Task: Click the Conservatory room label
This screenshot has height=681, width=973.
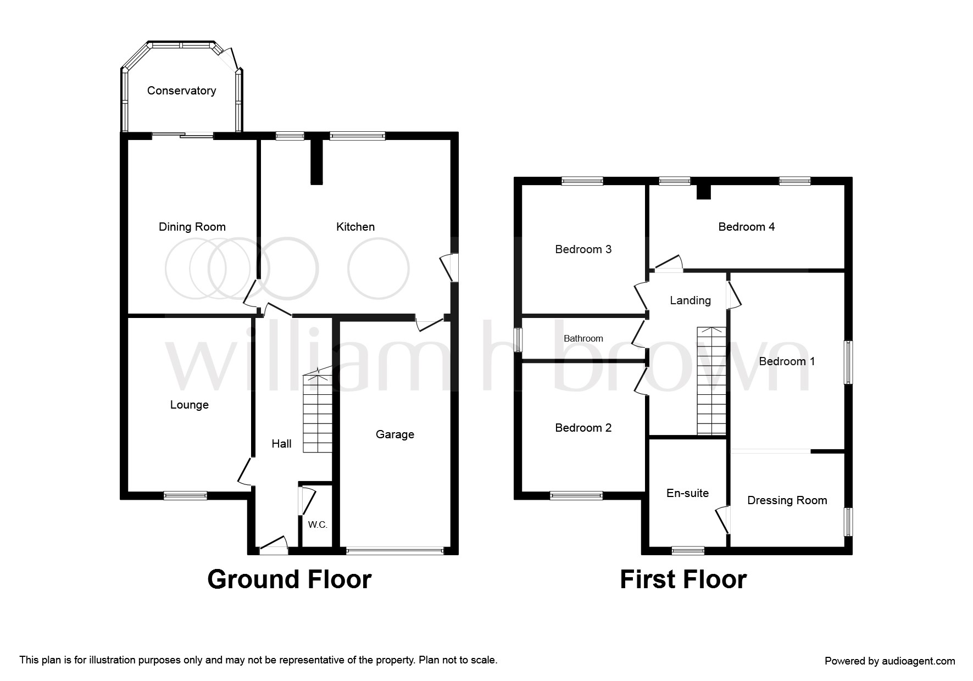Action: pos(181,91)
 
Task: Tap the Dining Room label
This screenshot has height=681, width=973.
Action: pos(192,227)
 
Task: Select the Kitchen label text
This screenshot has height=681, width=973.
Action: pos(355,227)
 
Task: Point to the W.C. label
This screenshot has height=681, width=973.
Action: pos(318,524)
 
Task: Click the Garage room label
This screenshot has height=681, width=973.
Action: pos(395,434)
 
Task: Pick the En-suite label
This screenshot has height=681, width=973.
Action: pos(687,493)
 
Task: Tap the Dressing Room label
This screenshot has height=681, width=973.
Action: pos(787,500)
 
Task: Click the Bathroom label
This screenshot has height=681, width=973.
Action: pos(583,338)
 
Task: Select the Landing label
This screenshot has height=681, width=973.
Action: pos(691,300)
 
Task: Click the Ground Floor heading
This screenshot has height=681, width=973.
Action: pos(290,579)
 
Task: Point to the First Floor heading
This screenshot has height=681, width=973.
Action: pos(683,579)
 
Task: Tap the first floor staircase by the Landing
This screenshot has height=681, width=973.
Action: pos(711,381)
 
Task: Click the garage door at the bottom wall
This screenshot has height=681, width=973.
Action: pos(395,550)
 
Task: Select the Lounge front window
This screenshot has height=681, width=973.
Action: pos(186,495)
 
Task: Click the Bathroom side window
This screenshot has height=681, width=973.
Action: pos(518,340)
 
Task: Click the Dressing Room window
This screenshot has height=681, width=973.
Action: pos(849,522)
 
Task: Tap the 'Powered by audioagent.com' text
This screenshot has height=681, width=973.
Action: pos(890,661)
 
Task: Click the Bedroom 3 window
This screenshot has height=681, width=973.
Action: pos(582,181)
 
